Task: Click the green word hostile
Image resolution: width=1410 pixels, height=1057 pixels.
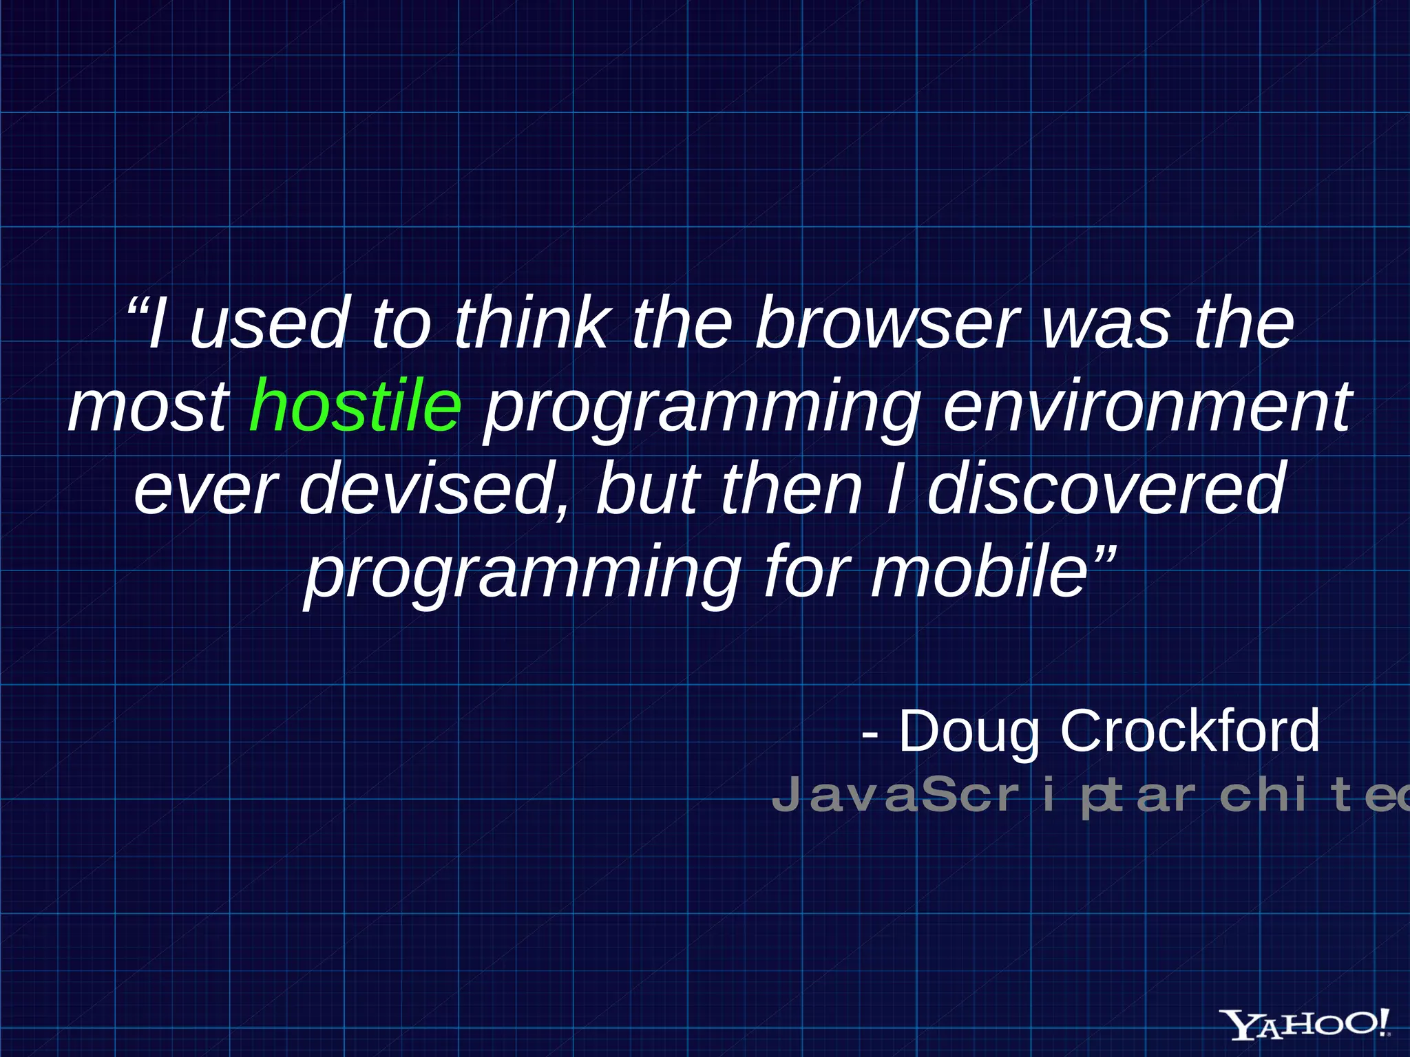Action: tap(355, 406)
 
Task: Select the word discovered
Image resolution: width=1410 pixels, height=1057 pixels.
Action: tap(1106, 489)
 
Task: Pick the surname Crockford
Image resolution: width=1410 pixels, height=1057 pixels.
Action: tap(1190, 731)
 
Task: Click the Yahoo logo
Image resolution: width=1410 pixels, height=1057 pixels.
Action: tap(1305, 1023)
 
